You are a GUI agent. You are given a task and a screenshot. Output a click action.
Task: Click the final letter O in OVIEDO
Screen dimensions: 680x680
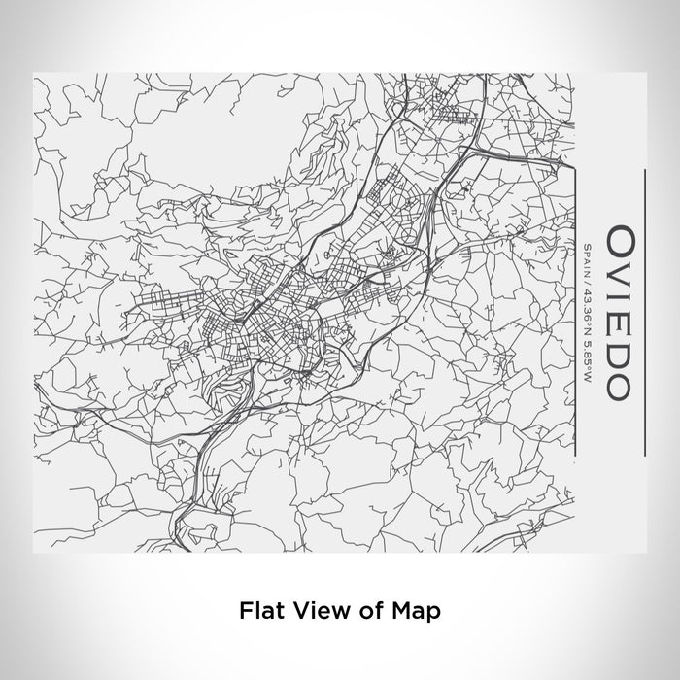pyautogui.click(x=618, y=381)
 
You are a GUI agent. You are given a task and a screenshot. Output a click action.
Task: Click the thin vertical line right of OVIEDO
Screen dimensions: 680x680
pyautogui.click(x=644, y=311)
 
